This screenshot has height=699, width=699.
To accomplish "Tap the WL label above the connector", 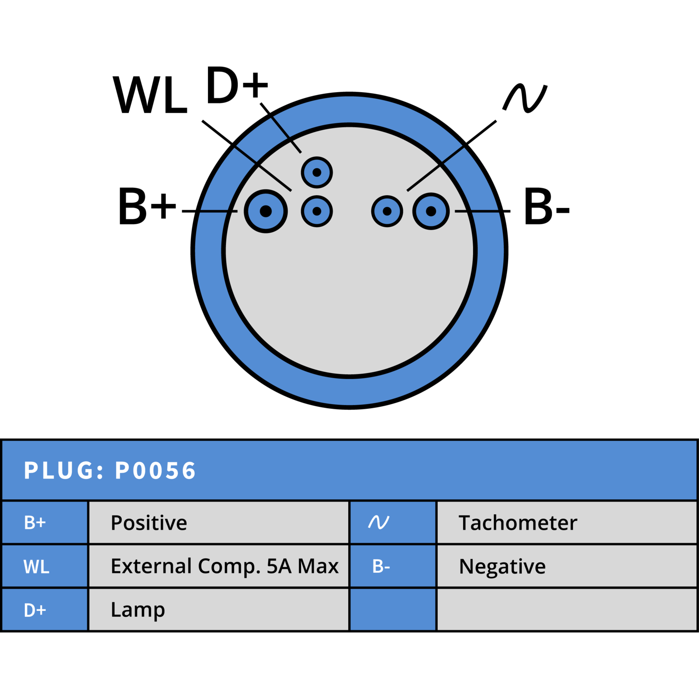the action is point(150,95).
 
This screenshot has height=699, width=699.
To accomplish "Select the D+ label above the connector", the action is point(237,85).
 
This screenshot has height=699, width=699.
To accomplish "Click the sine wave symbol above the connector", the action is point(525,98).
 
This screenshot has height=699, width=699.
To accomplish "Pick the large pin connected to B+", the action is point(266,211).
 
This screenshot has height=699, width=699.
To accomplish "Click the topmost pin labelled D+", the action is point(317,172).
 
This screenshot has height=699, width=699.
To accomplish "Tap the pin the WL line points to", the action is point(317,211).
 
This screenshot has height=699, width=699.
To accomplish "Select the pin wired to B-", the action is point(431,211).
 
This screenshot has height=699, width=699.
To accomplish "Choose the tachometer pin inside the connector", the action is point(387,211).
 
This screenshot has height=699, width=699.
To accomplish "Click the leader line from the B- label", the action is point(482,211).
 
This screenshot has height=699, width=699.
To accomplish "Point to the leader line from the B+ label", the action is point(210,211).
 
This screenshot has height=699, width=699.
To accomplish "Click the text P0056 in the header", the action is point(155,471).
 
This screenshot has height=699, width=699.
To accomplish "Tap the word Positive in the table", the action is point(149,523).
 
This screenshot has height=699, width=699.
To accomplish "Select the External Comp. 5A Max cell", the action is point(218,566).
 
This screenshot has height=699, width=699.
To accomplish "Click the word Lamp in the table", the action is point(138,610).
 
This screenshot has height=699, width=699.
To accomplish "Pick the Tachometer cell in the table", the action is point(567,523).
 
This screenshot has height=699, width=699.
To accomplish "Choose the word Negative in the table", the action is point(502,566).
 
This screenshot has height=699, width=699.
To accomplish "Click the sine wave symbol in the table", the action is point(378,522).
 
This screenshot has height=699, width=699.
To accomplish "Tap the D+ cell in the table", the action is point(45,610).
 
